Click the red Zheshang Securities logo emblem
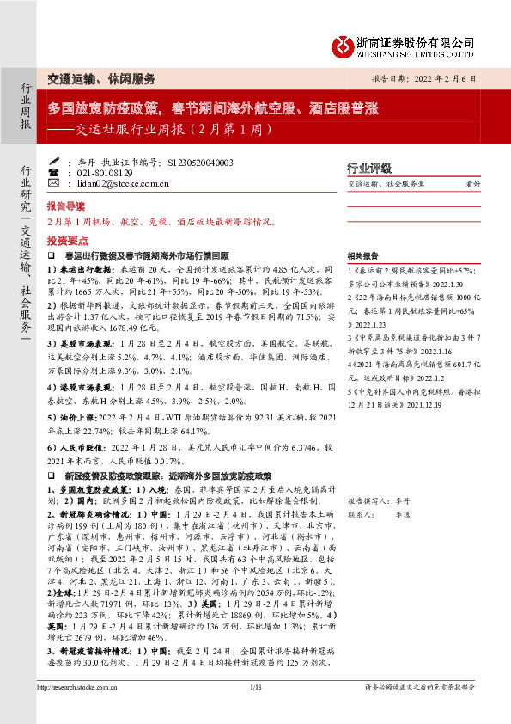pos(343,42)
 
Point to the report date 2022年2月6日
pos(437,77)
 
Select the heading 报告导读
pos(66,207)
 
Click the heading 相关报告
pos(362,255)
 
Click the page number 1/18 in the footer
pos(255,710)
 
